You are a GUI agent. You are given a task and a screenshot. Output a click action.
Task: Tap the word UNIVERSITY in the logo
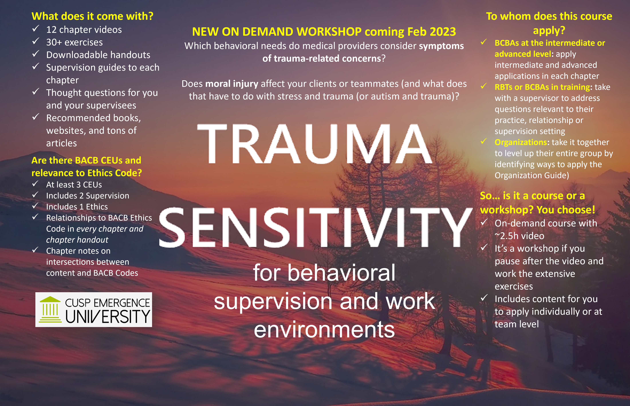click(108, 316)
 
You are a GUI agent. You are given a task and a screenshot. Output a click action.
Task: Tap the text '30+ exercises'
click(75, 42)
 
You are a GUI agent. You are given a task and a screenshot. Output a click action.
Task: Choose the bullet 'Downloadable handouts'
click(98, 55)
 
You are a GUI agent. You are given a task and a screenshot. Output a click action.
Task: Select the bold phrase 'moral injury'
click(232, 84)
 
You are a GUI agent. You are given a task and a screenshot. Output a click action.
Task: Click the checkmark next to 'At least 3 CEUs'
click(35, 183)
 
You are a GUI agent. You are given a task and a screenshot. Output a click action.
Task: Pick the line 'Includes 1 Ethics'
click(77, 207)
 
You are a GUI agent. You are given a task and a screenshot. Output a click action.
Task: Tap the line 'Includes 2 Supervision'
click(88, 196)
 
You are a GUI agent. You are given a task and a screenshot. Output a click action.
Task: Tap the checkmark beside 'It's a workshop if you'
click(484, 247)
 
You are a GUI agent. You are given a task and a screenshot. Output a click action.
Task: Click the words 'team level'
click(517, 324)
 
